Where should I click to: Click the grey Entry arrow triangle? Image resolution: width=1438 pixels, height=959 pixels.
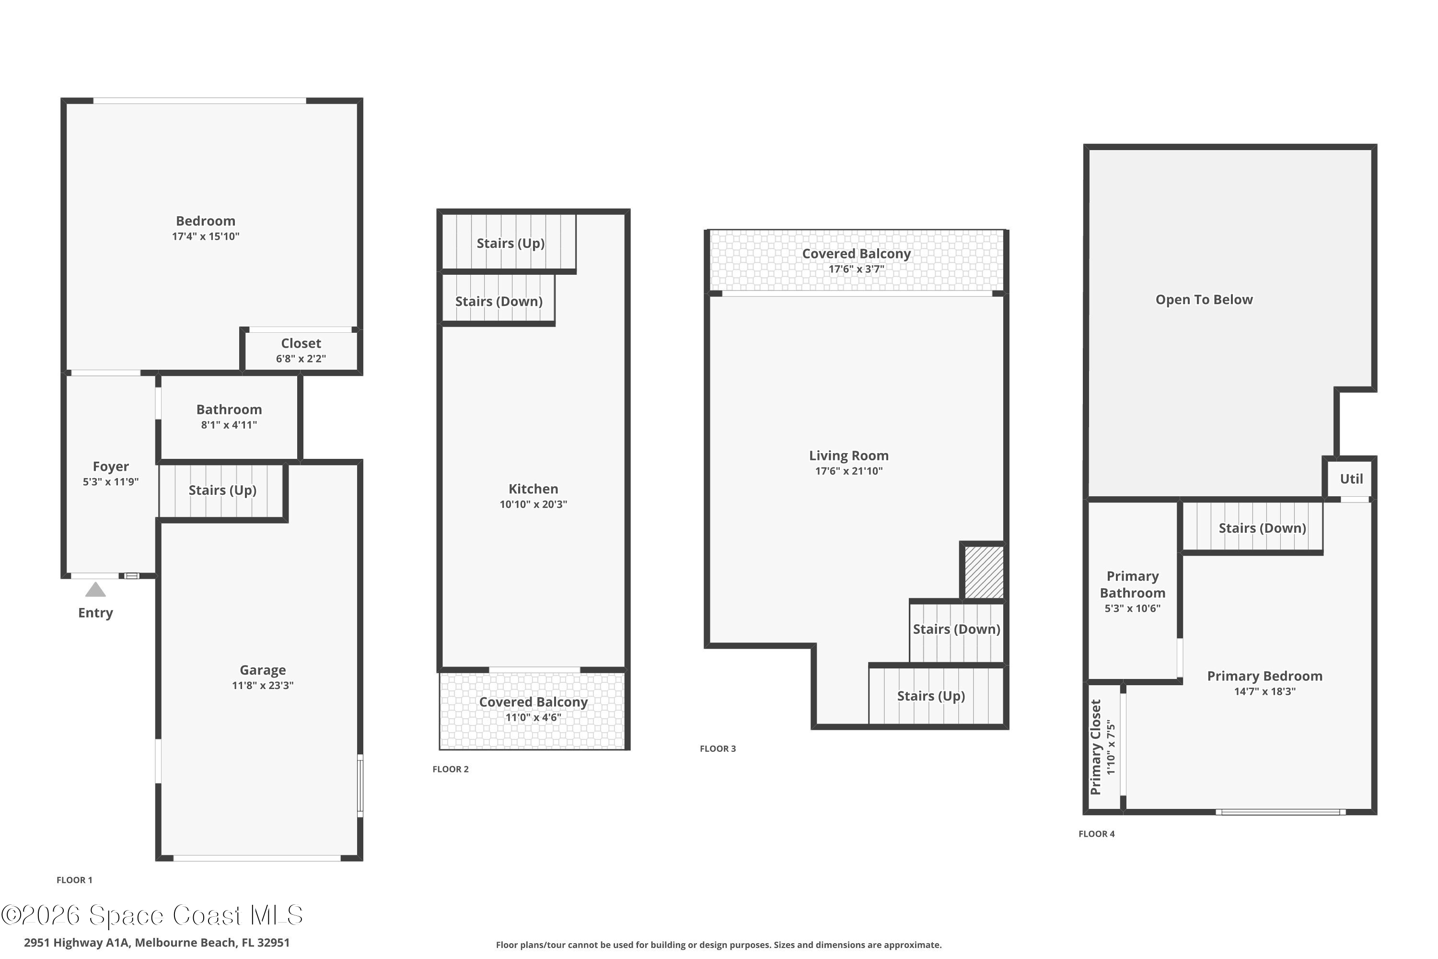click(x=95, y=590)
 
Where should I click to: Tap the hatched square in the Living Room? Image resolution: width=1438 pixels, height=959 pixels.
click(x=984, y=572)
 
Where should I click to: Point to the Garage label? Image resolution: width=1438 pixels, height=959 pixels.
click(x=263, y=670)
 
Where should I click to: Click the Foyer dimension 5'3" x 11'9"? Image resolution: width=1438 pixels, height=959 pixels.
click(x=111, y=482)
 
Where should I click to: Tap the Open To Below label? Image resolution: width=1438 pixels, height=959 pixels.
click(x=1204, y=300)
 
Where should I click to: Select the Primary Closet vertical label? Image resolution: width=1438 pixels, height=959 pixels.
click(x=1096, y=748)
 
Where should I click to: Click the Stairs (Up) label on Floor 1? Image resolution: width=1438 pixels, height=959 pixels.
click(x=222, y=491)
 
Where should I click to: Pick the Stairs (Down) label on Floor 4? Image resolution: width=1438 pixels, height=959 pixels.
click(x=1262, y=528)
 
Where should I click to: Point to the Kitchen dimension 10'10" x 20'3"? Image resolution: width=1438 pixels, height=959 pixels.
click(x=533, y=504)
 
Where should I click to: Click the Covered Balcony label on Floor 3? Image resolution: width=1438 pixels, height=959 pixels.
click(x=856, y=254)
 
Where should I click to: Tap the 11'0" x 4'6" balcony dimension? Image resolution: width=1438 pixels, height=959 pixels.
click(x=533, y=717)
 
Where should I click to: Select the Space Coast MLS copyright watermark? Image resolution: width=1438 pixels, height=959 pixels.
click(x=151, y=915)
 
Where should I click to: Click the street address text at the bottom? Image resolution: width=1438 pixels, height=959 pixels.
click(x=157, y=943)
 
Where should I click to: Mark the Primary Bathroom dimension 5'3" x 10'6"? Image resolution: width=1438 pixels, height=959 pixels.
click(x=1132, y=608)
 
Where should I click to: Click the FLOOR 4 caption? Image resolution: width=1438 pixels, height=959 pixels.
click(x=1097, y=834)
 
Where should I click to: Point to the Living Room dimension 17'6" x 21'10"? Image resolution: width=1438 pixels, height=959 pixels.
click(x=848, y=471)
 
